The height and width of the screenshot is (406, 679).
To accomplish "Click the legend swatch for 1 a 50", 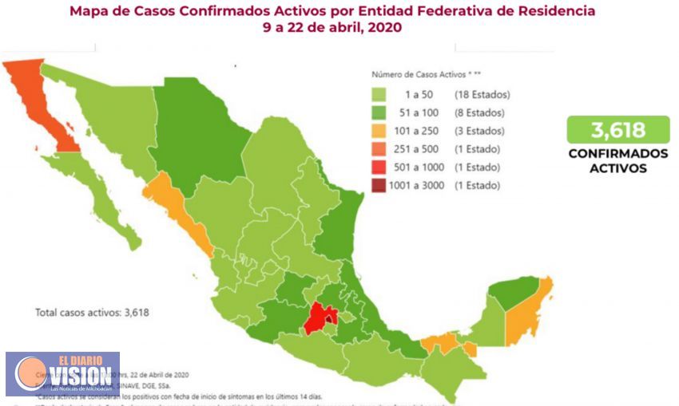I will [x=381, y=95].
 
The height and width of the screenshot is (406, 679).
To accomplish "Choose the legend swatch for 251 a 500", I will [x=381, y=150].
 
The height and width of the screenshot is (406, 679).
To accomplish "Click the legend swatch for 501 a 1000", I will [x=381, y=168].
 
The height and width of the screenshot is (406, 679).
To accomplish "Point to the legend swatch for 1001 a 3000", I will [x=381, y=186].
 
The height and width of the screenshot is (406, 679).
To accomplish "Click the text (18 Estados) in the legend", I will [x=482, y=95].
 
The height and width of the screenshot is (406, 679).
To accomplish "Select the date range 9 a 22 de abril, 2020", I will [x=332, y=27].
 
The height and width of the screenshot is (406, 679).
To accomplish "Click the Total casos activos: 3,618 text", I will [x=92, y=313].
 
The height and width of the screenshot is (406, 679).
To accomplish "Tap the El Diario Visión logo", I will [x=62, y=373].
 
